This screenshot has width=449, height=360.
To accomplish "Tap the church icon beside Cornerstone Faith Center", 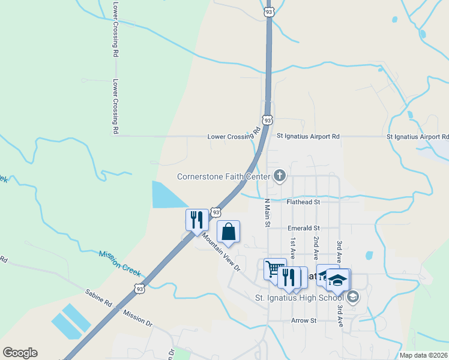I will (x=279, y=176).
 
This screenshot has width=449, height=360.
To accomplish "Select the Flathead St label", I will (x=303, y=202).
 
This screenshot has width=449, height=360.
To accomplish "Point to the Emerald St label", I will (x=304, y=228).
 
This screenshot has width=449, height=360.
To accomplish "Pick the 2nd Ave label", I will (x=316, y=246).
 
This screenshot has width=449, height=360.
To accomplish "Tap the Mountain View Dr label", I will (x=220, y=251).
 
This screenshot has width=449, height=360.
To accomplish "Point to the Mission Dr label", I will (x=137, y=317).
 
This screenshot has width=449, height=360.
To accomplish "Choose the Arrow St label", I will (x=303, y=320).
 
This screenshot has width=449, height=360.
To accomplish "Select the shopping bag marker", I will (x=228, y=232).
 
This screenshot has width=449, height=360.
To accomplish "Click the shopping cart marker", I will (x=275, y=269).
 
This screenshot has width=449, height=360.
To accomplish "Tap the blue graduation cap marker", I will (x=337, y=280).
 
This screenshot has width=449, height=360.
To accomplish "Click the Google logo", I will (x=20, y=353).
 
